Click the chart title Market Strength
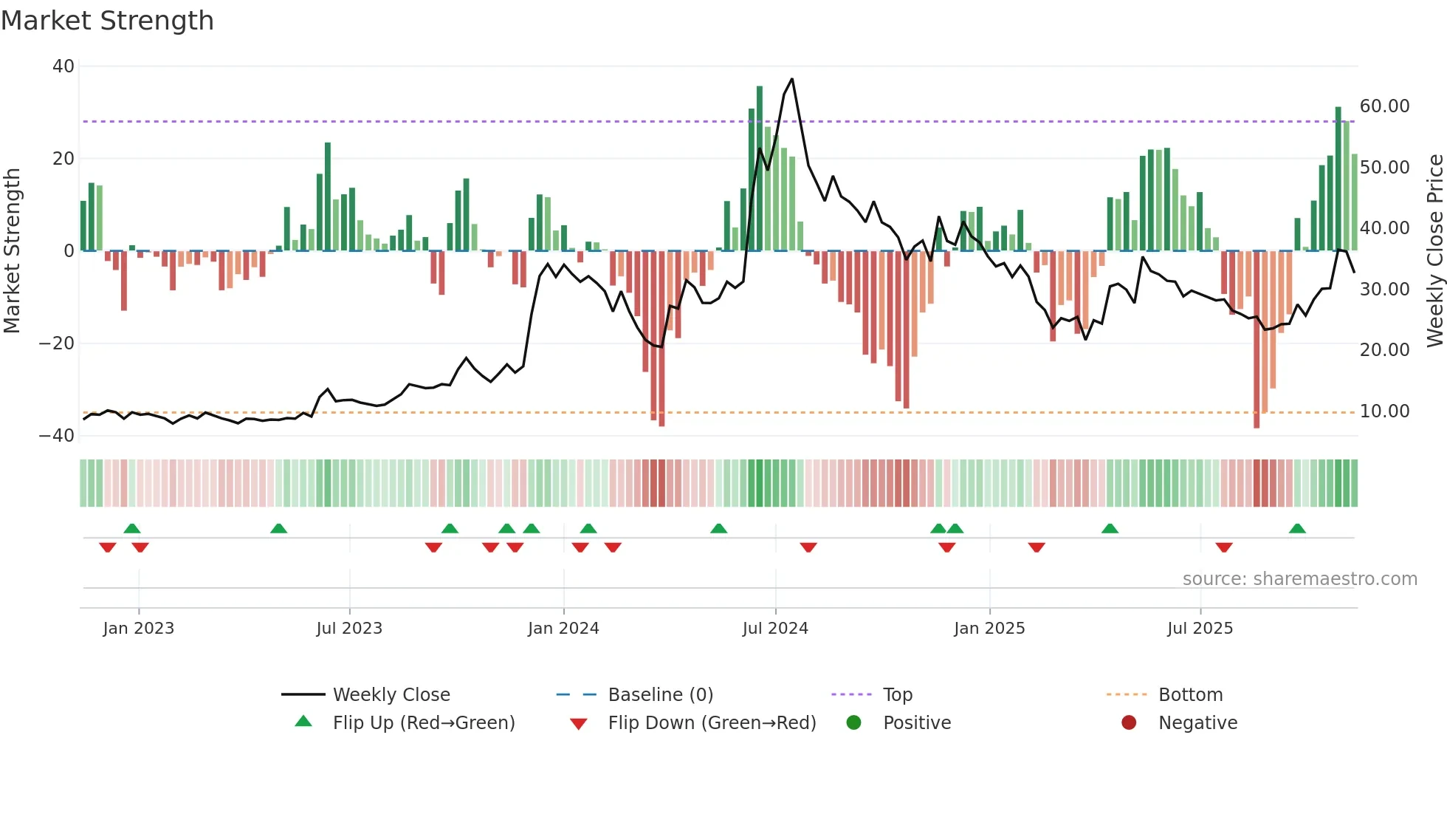pyautogui.click(x=107, y=21)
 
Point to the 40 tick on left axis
pyautogui.click(x=63, y=66)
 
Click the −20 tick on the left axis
pyautogui.click(x=57, y=343)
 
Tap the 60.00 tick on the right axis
pyautogui.click(x=1384, y=106)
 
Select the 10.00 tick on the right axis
pyautogui.click(x=1384, y=411)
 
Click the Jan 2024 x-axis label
pyautogui.click(x=563, y=629)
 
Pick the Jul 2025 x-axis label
pyautogui.click(x=1200, y=629)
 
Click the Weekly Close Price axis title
pyautogui.click(x=1434, y=250)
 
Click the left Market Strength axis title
pyautogui.click(x=12, y=250)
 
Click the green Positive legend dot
pyautogui.click(x=854, y=723)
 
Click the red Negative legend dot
pyautogui.click(x=1129, y=723)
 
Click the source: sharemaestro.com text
pyautogui.click(x=1299, y=579)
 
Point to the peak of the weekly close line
pyautogui.click(x=792, y=79)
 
